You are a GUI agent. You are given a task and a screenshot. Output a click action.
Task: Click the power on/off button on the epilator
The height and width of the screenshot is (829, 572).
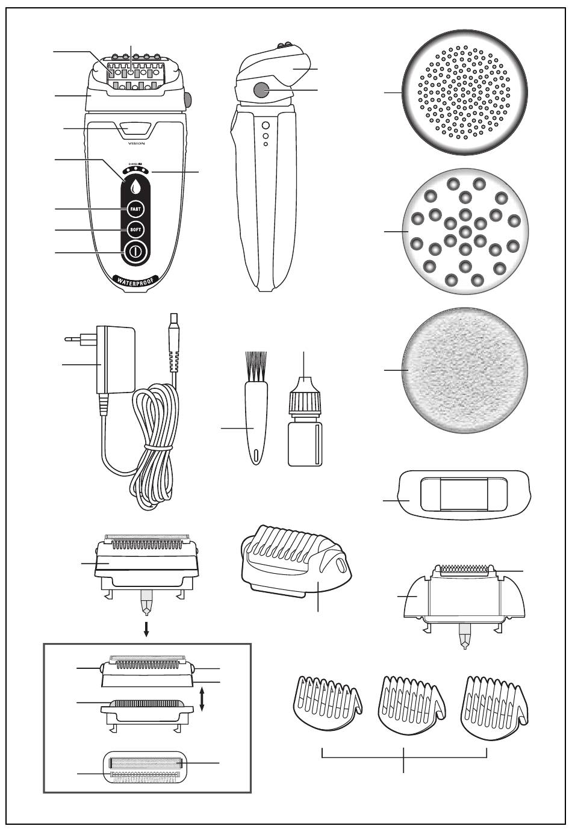coord(135,252)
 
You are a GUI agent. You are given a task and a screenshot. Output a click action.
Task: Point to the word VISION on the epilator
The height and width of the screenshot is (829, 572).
coord(137,144)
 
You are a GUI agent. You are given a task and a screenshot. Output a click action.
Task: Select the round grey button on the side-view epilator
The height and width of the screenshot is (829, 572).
coord(261,90)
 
